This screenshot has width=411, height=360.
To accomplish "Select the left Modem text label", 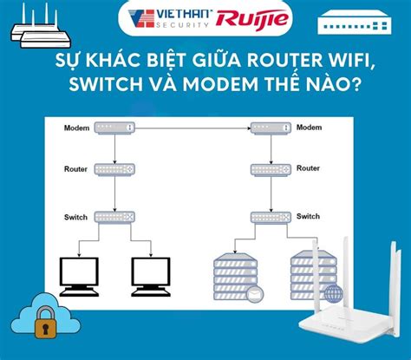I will (x=77, y=128).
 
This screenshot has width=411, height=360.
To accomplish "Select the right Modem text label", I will (x=310, y=128).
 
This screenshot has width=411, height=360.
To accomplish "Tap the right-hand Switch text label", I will (x=310, y=215).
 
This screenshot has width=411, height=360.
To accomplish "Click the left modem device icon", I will (x=115, y=128).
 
